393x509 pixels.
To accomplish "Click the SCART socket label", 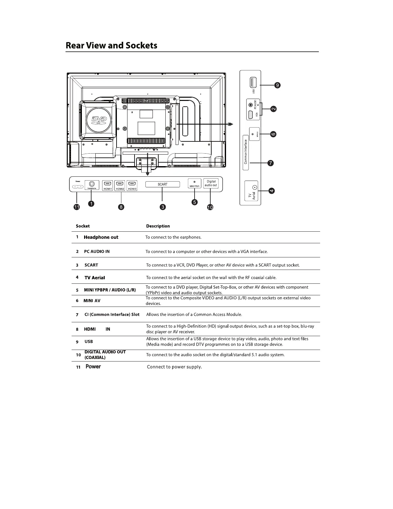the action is [x=162, y=184].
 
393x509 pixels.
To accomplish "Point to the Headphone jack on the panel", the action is [x=92, y=184].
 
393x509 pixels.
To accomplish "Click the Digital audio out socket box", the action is [x=211, y=183].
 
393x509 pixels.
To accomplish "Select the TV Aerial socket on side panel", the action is [x=254, y=187].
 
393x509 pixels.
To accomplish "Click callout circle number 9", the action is [x=277, y=85].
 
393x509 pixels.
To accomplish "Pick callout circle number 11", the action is [x=77, y=207].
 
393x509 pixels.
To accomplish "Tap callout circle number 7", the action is [x=271, y=163].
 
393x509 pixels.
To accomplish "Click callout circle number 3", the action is [x=163, y=207].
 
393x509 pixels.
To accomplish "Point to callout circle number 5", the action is [x=194, y=202].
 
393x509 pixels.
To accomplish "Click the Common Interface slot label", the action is [x=246, y=152].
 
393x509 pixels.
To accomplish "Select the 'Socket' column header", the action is [x=83, y=226].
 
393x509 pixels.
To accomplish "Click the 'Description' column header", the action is [x=158, y=226].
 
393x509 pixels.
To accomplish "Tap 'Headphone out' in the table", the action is [x=101, y=237].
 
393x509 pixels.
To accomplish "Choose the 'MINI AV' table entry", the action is [x=92, y=301].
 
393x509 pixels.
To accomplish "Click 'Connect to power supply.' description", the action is [x=174, y=367].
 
